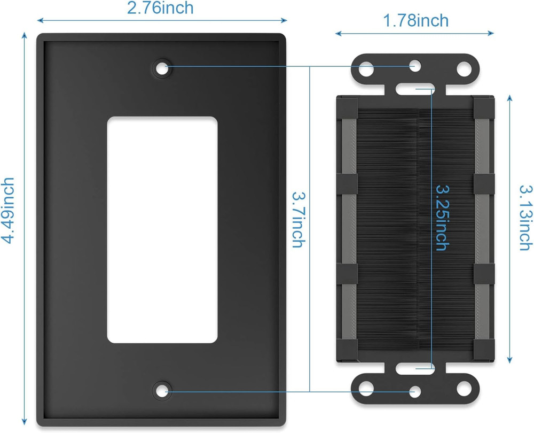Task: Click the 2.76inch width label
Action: (160, 8)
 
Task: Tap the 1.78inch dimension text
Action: (415, 20)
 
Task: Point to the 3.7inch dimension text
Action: (297, 220)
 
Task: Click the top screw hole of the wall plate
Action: (161, 68)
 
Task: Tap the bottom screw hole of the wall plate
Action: (161, 390)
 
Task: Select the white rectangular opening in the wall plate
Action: (162, 230)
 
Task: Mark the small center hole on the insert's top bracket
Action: (415, 66)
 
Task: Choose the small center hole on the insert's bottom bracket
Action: (415, 392)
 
